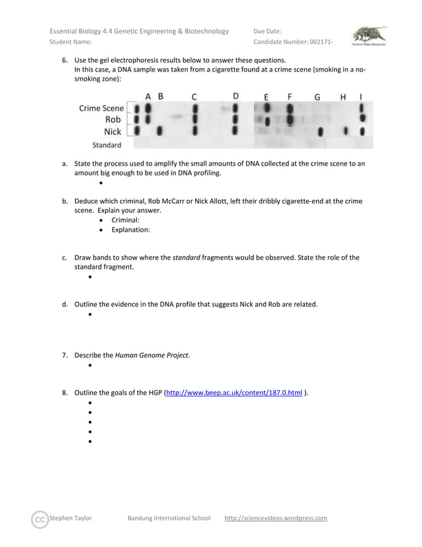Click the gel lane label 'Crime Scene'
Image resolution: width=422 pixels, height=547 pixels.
click(101, 108)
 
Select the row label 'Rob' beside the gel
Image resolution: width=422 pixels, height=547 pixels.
click(113, 120)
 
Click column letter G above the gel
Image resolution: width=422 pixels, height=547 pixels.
click(317, 97)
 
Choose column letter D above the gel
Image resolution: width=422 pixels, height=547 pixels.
click(236, 96)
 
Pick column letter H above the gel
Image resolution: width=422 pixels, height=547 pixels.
click(343, 97)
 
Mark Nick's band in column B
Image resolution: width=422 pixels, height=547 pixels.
click(159, 131)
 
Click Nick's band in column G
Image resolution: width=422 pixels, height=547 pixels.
click(320, 132)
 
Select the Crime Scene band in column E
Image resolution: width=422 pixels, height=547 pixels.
click(267, 107)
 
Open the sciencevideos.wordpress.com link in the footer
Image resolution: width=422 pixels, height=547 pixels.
click(276, 518)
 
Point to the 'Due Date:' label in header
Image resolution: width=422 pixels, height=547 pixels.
click(267, 31)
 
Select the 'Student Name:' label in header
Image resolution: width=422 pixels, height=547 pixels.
click(71, 42)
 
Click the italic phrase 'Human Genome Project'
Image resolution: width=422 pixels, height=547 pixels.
click(151, 355)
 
